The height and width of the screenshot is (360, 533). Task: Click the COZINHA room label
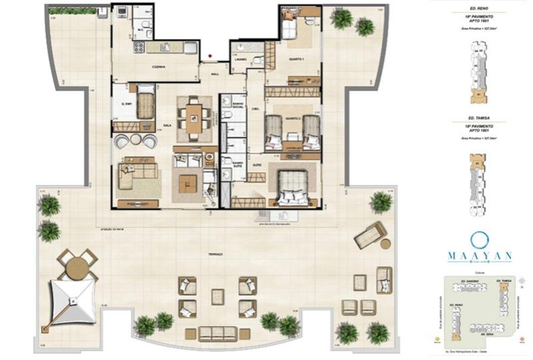click(x=158, y=67)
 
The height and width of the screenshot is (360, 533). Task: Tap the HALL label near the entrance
click(x=215, y=74)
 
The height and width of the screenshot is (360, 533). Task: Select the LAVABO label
click(x=241, y=59)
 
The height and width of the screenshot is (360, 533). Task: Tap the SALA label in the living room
click(x=167, y=125)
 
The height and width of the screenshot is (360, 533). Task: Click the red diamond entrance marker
click(x=211, y=56)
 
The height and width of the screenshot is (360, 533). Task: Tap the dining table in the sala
click(x=194, y=118)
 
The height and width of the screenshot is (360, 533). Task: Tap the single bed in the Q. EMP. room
click(x=146, y=102)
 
